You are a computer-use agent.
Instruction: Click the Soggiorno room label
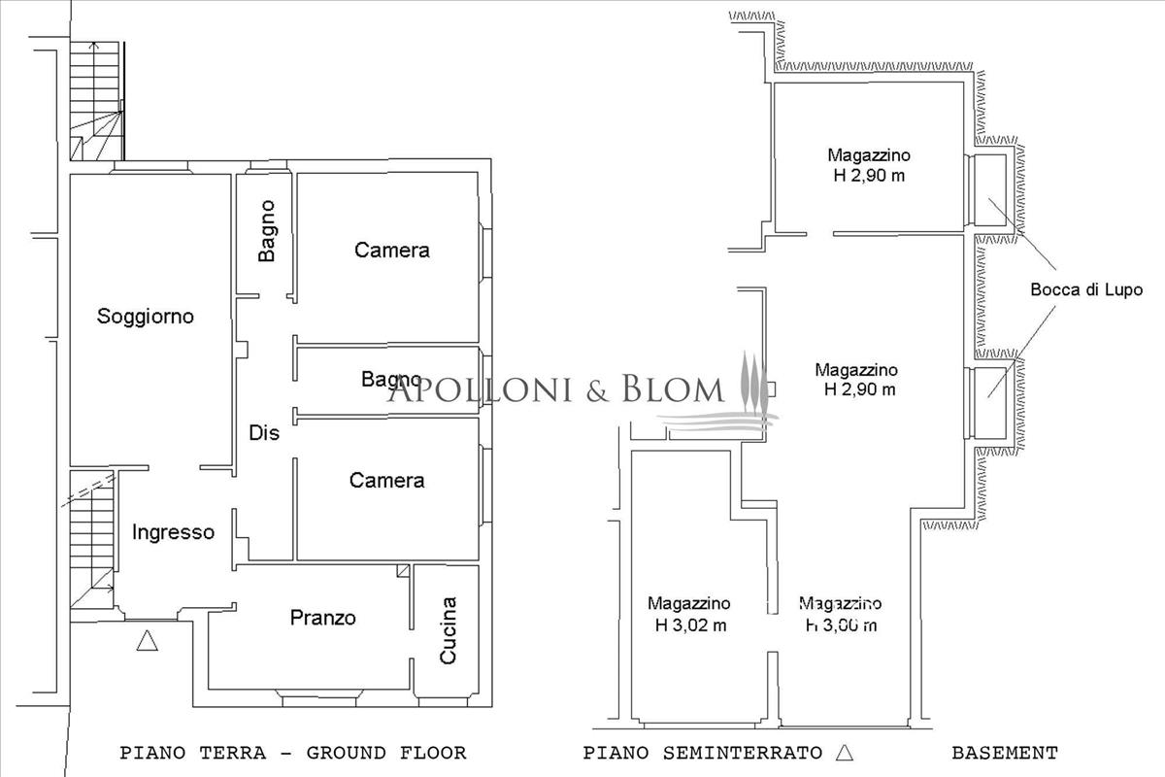[146, 317]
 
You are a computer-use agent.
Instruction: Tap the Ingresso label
[173, 532]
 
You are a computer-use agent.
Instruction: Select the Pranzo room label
[323, 618]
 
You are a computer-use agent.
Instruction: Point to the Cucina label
[448, 630]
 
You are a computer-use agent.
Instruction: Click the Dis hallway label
[264, 433]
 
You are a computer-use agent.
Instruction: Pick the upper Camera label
[392, 251]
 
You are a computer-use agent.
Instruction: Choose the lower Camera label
[387, 481]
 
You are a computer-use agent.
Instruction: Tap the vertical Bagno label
[266, 230]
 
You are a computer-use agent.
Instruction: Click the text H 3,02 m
[690, 625]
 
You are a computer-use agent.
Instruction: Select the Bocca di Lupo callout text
[1086, 289]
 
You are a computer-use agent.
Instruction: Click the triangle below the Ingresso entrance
[148, 641]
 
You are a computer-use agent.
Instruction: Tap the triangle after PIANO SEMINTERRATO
[846, 752]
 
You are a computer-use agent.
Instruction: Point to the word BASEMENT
[1005, 753]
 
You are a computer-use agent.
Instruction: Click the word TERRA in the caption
[233, 753]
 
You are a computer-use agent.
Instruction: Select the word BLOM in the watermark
[673, 388]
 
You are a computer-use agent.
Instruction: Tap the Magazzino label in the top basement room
[869, 155]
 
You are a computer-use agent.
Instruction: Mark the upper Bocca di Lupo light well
[989, 190]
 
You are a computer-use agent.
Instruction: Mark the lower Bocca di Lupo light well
[989, 403]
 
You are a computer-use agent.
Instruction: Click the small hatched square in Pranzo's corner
[404, 571]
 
